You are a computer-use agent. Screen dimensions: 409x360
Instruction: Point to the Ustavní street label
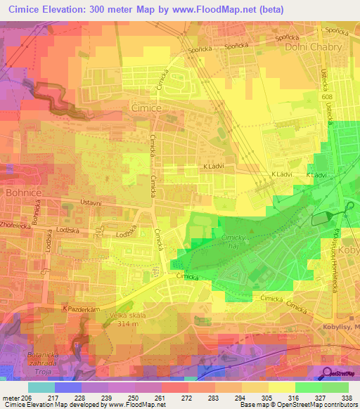coord(70,204)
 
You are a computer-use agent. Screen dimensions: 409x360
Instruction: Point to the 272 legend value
coord(188,397)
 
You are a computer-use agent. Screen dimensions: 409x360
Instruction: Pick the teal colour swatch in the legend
coord(40,387)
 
